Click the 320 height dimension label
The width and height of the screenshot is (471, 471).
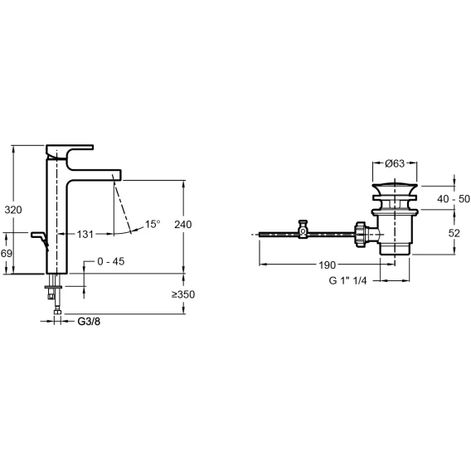(13, 210)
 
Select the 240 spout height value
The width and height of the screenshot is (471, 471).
(183, 225)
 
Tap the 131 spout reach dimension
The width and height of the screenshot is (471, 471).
(85, 235)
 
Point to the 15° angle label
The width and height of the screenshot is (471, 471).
(153, 224)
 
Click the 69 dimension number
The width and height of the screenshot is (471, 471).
(7, 254)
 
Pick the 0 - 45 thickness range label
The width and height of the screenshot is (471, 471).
(111, 261)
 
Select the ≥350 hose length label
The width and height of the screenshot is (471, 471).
(183, 294)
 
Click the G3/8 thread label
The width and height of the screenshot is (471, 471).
(89, 322)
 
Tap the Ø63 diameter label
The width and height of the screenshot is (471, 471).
(395, 163)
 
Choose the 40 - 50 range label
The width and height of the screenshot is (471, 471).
(454, 199)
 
